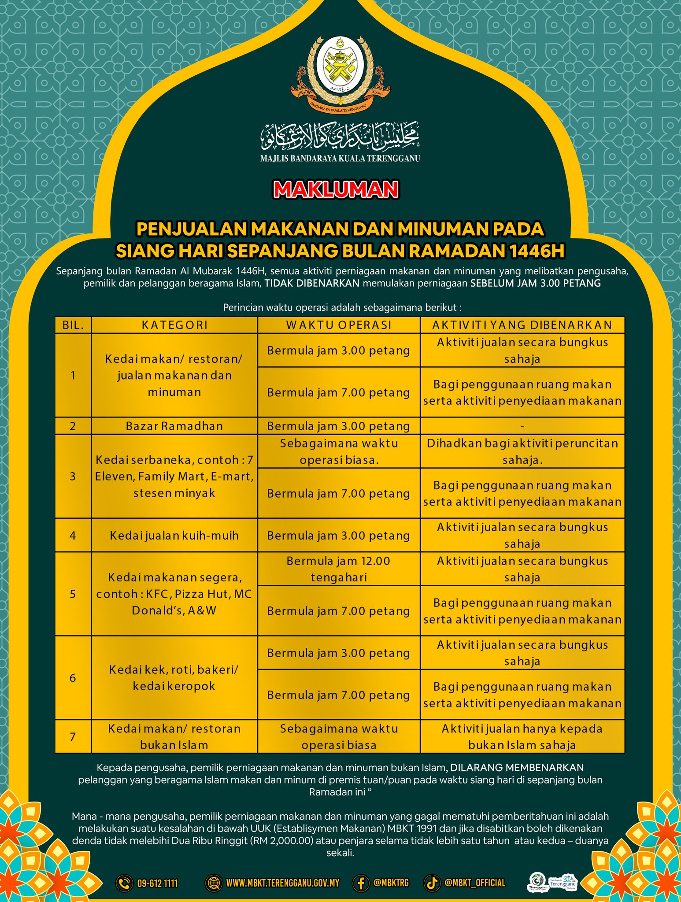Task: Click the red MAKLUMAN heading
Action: point(336,189)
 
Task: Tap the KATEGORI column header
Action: point(174,325)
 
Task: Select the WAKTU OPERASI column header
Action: point(339,325)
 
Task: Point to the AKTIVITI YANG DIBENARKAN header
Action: point(522,325)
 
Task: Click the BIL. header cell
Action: point(73,325)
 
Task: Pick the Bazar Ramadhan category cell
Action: point(174,426)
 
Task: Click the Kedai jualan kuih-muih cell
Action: point(174,536)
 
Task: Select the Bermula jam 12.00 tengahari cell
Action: point(339,569)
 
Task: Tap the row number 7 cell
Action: point(73,736)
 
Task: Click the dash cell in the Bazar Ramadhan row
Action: point(522,426)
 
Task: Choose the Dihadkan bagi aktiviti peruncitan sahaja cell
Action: point(522,451)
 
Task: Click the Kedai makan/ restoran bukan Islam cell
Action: point(174,736)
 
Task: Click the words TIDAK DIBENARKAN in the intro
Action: point(312,283)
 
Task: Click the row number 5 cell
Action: point(73,594)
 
